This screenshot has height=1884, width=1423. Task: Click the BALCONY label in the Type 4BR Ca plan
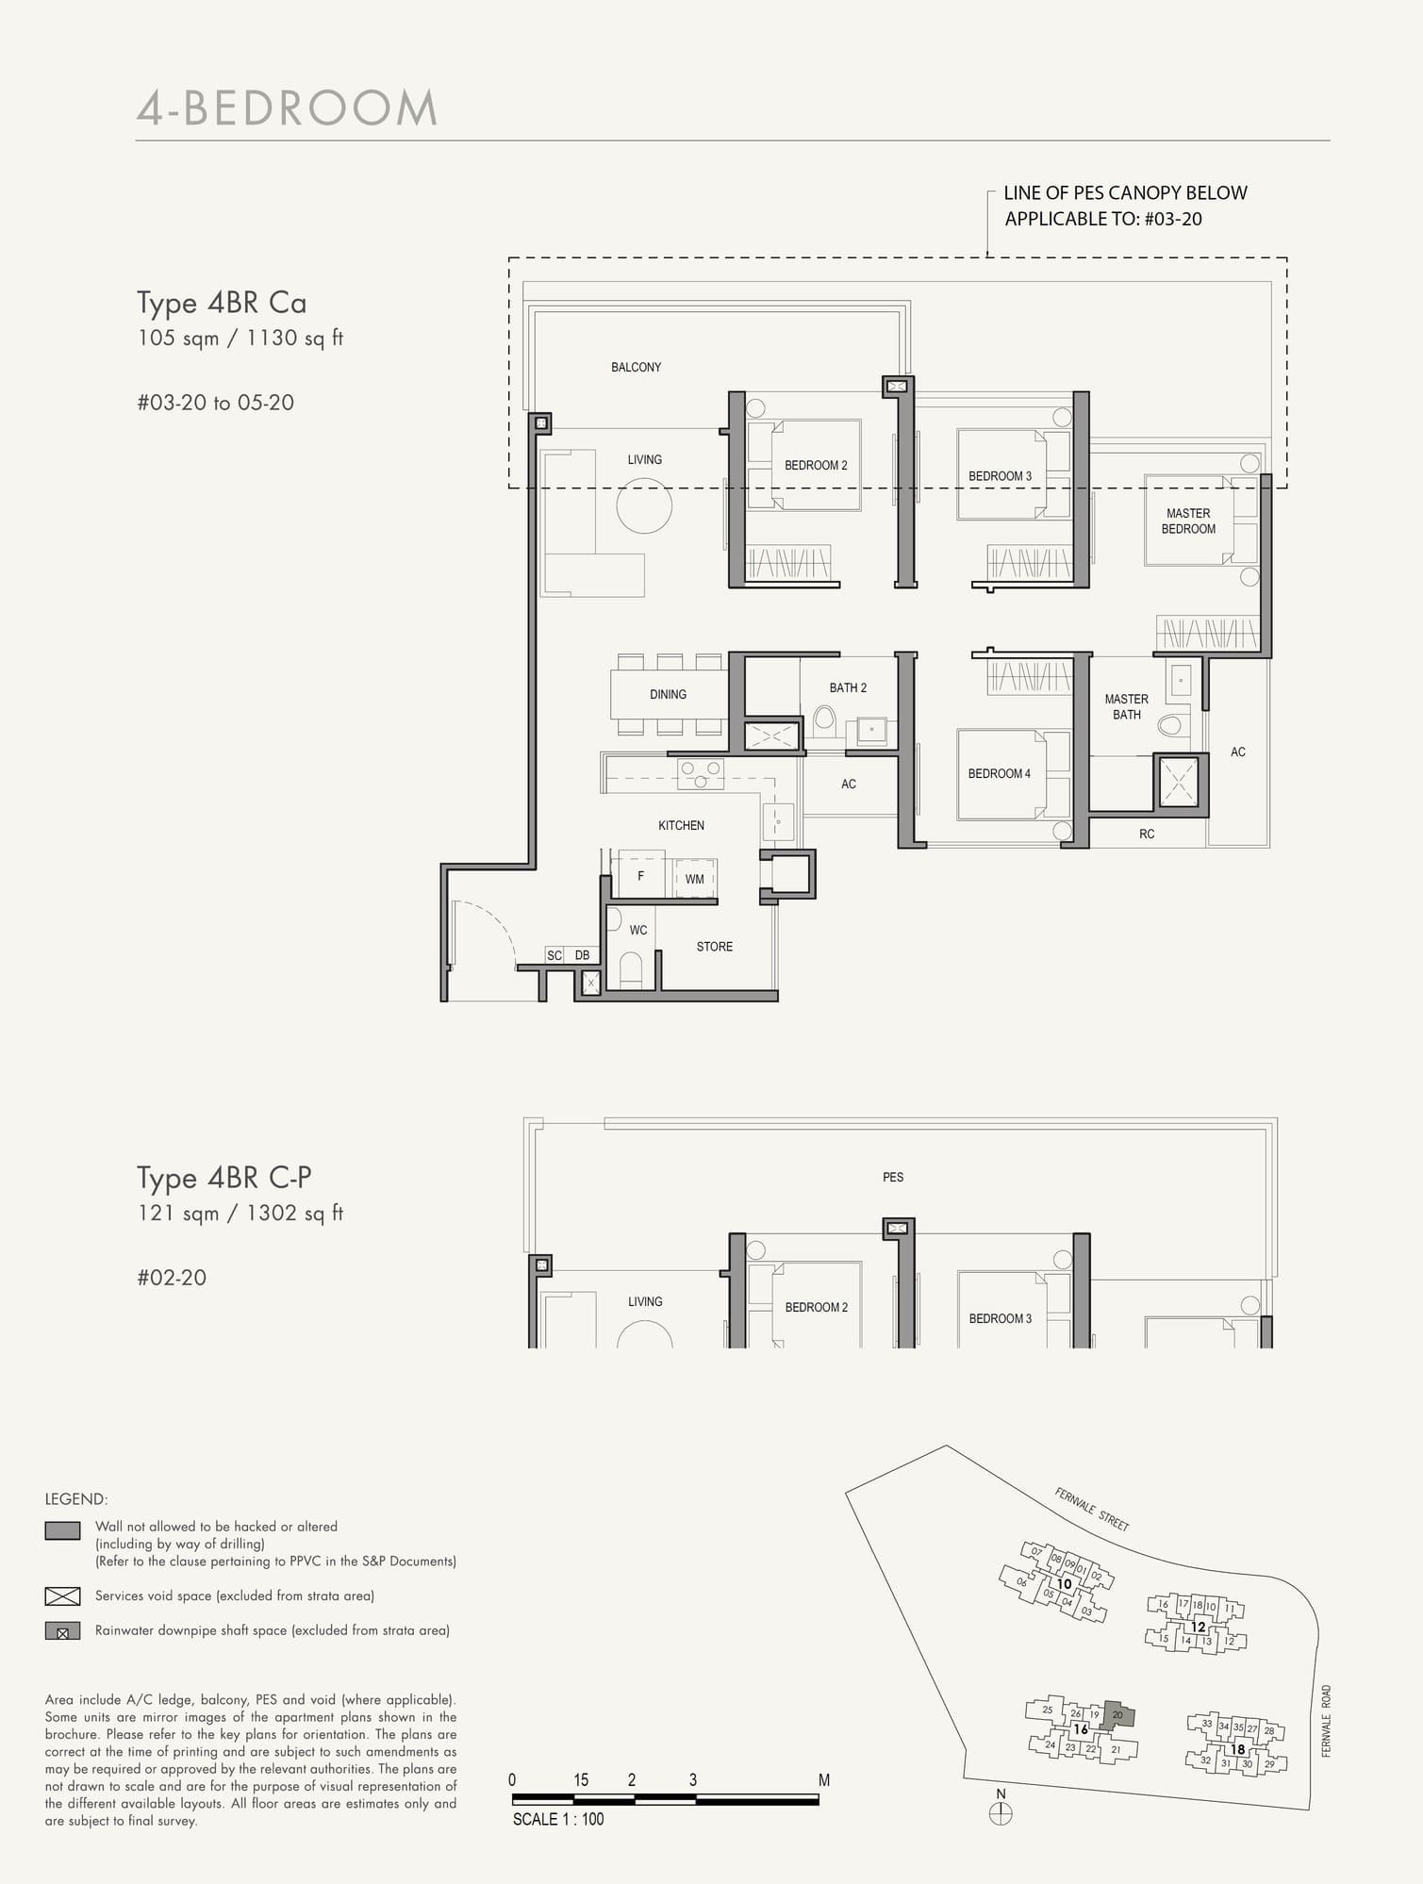click(636, 367)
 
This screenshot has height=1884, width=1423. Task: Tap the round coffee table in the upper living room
click(644, 505)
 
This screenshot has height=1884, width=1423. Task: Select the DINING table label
click(668, 695)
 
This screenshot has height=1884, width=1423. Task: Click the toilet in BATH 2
click(824, 721)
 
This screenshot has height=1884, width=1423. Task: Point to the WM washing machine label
click(695, 879)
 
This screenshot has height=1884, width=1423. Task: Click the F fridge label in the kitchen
click(640, 876)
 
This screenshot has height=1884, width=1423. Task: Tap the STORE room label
click(714, 947)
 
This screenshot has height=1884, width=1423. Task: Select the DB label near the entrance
click(583, 955)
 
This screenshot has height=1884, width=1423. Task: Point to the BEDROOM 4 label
click(999, 774)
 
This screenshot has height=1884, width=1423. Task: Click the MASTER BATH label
click(1126, 706)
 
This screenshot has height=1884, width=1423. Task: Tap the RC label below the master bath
click(1147, 835)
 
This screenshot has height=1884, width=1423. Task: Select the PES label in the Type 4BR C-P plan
click(892, 1177)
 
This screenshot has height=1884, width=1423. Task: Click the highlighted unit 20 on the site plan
click(1118, 1714)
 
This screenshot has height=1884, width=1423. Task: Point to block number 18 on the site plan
click(1237, 1749)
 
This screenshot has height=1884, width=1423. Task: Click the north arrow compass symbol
click(1001, 1813)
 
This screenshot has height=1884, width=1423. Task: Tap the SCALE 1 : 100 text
click(558, 1819)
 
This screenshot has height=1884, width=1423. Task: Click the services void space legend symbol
click(62, 1595)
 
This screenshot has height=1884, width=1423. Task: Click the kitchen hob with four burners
click(701, 774)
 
